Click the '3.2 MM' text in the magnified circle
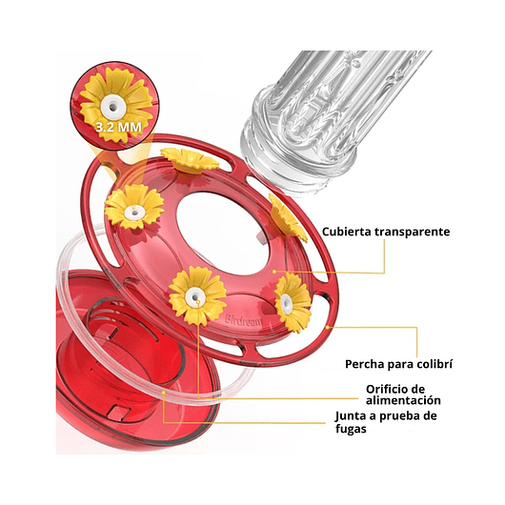[118, 128]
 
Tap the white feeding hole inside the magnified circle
[112, 107]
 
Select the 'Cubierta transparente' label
[386, 232]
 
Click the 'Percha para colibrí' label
[398, 364]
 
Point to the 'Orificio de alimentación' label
[403, 394]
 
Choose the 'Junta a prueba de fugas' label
[386, 422]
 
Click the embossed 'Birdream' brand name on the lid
[244, 320]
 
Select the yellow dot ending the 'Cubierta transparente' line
[274, 272]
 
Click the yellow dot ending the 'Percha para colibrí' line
[328, 327]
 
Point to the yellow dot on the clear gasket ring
[164, 393]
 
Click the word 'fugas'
[351, 429]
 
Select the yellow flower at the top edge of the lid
[190, 160]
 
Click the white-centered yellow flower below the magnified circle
[135, 207]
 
